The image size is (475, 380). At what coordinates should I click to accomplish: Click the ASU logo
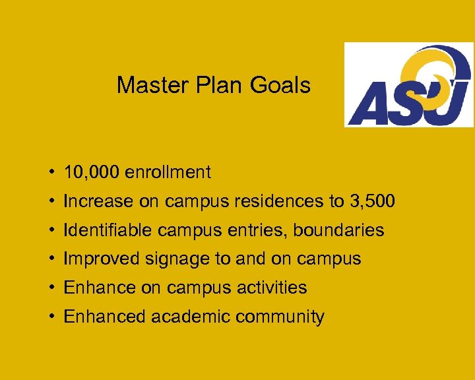coord(409,84)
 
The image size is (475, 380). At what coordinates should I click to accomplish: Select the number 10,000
coord(91,173)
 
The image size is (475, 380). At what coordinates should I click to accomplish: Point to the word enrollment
coord(168,173)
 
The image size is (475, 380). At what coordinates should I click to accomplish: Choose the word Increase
coord(98,201)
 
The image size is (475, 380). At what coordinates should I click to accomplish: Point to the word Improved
coord(99,259)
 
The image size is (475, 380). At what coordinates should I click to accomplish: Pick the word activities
coord(270,288)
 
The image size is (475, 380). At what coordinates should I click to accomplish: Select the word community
coord(280,317)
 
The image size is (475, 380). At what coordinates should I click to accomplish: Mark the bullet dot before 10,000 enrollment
coord(51,174)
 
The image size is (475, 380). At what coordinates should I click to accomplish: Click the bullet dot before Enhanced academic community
coord(51,317)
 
